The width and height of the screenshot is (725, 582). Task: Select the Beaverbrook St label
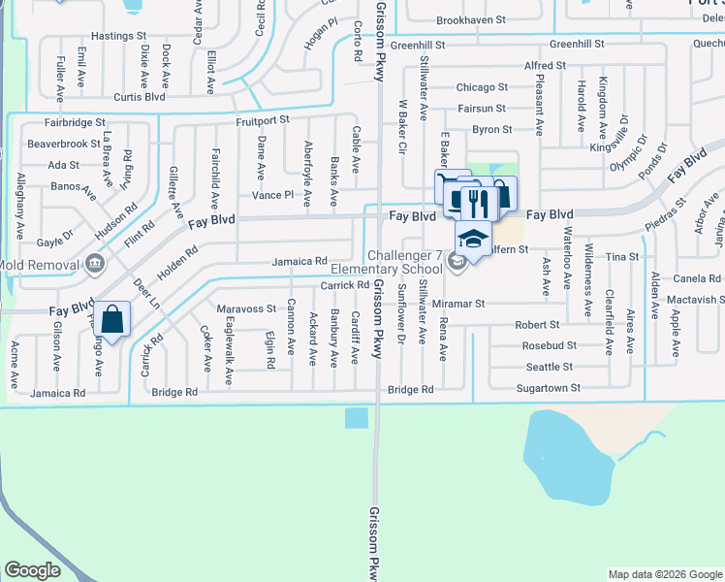coord(63,144)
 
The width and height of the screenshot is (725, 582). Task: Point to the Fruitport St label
coord(263,120)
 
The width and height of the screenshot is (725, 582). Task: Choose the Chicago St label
coord(482,87)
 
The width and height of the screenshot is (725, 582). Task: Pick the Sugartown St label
coord(550,388)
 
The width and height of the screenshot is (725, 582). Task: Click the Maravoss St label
coord(246,308)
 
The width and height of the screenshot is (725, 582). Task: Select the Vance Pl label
coord(272,195)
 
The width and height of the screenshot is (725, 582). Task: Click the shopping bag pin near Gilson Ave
coord(112,319)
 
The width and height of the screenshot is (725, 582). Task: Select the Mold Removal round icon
coord(94,262)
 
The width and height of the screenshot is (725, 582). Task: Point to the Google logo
coord(33,570)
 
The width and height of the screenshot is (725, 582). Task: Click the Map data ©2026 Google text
coord(664,574)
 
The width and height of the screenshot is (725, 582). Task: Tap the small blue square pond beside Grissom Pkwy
coord(356,418)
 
